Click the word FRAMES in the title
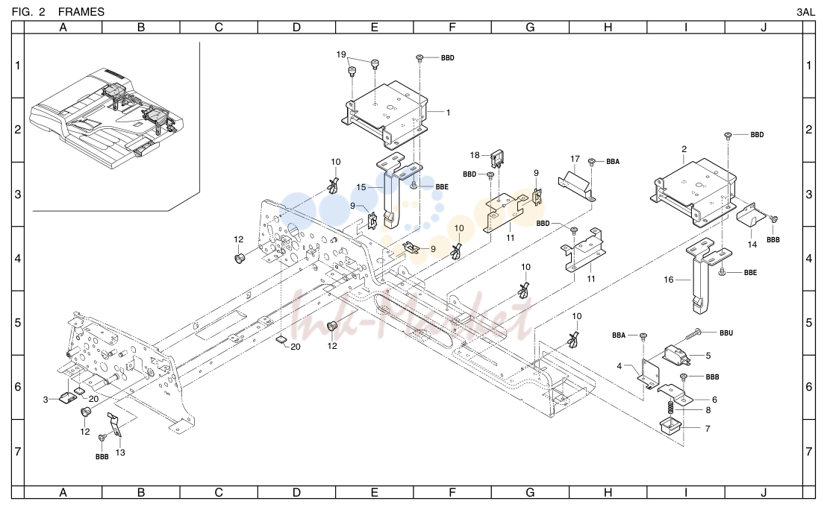click(x=81, y=12)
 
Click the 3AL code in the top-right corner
click(x=806, y=12)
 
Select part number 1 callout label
click(x=449, y=113)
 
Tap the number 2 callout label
click(x=684, y=149)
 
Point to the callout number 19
click(x=341, y=54)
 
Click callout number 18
click(x=475, y=155)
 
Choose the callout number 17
click(x=575, y=159)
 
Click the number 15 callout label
click(x=361, y=187)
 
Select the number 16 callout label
click(x=668, y=280)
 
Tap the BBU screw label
click(x=726, y=333)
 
